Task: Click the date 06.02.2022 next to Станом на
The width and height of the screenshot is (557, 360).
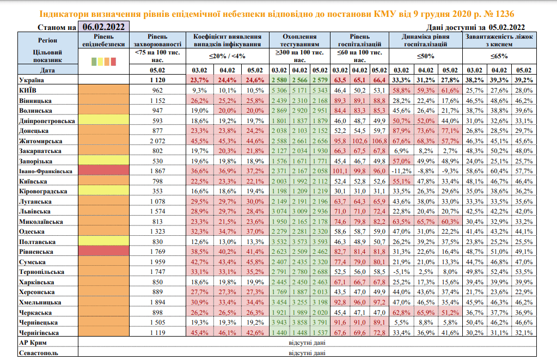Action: point(103,27)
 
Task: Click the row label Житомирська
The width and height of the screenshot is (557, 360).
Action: point(36,141)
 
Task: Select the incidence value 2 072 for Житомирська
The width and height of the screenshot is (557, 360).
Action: point(158,141)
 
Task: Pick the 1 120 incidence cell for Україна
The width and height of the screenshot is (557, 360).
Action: point(158,81)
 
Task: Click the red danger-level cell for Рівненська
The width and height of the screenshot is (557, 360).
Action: point(104,252)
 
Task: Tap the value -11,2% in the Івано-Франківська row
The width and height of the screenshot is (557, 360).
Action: point(401,171)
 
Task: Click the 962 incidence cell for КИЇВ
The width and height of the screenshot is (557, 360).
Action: point(158,90)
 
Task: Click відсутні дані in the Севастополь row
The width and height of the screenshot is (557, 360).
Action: point(308,352)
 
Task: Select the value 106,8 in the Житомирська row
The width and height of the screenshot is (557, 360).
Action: point(376,141)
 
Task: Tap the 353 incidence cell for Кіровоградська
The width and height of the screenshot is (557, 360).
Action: point(158,191)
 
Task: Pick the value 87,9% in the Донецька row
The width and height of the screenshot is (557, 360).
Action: point(401,131)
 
